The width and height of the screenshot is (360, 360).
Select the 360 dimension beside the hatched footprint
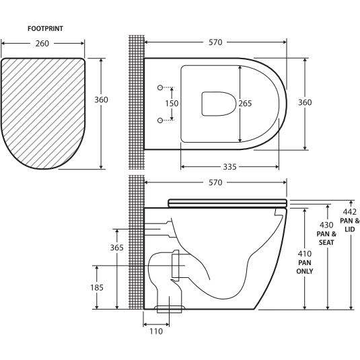(101, 100)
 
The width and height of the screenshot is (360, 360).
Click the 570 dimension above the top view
(216, 42)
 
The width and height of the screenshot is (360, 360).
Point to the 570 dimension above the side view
(216, 182)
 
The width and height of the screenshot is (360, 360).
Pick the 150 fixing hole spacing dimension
(173, 104)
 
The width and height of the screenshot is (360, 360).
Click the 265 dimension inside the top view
(245, 103)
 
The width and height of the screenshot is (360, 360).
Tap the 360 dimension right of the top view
(305, 102)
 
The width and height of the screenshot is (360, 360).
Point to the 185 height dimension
(98, 287)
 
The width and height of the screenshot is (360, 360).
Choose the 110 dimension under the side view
(155, 331)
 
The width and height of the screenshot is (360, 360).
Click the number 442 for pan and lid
(351, 213)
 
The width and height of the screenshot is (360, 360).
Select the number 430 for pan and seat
(327, 225)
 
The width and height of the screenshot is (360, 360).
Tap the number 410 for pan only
(305, 254)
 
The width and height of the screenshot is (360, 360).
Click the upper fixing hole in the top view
(160, 87)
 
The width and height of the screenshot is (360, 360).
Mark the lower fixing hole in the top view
(160, 120)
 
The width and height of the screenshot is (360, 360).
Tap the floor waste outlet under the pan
(170, 310)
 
